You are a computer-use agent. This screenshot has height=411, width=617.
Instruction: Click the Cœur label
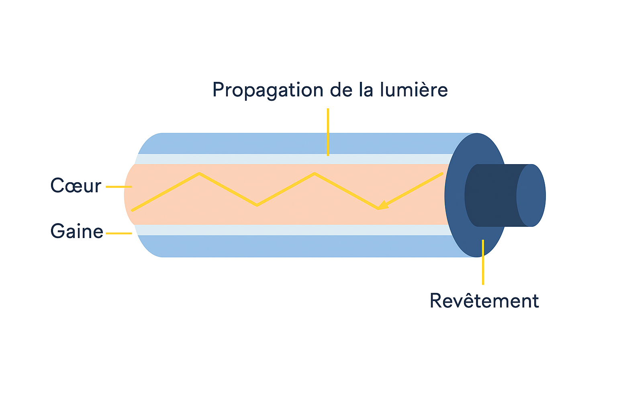76,186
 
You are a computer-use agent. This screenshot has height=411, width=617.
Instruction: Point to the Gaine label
77,232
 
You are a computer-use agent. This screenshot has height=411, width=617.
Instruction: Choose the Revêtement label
484,301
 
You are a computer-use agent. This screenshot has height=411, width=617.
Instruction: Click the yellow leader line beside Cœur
118,187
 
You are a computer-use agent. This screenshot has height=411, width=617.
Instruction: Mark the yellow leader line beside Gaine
119,233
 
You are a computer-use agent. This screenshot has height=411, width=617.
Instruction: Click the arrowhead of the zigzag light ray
382,205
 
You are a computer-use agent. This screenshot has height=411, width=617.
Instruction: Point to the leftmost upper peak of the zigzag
199,173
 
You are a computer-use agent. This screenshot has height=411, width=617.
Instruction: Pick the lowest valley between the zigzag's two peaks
257,205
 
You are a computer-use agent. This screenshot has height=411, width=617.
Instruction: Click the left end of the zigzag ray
133,210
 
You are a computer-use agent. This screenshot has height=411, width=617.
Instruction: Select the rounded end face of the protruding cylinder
531,195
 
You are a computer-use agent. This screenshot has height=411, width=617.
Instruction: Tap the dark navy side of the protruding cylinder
492,195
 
